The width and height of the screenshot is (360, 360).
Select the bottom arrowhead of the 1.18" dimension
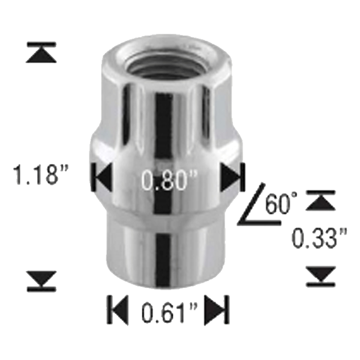click(41, 280)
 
